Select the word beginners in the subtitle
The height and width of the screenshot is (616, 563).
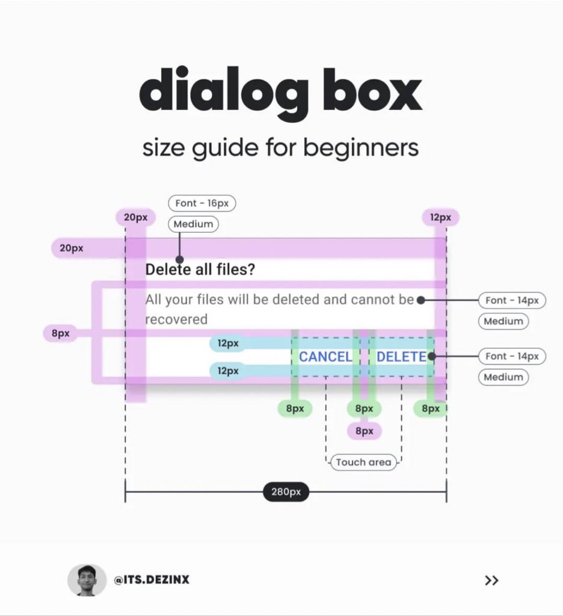click(x=360, y=147)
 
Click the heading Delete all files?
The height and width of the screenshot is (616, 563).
click(x=200, y=269)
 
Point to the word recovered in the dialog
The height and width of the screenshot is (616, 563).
click(x=176, y=319)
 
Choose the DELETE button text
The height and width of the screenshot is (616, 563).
click(x=401, y=357)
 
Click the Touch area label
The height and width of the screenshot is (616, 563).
click(x=363, y=462)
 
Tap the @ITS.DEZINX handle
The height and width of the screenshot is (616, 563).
click(x=152, y=581)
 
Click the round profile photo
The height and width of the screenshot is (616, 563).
click(x=87, y=581)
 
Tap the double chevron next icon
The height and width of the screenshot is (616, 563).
click(x=491, y=581)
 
